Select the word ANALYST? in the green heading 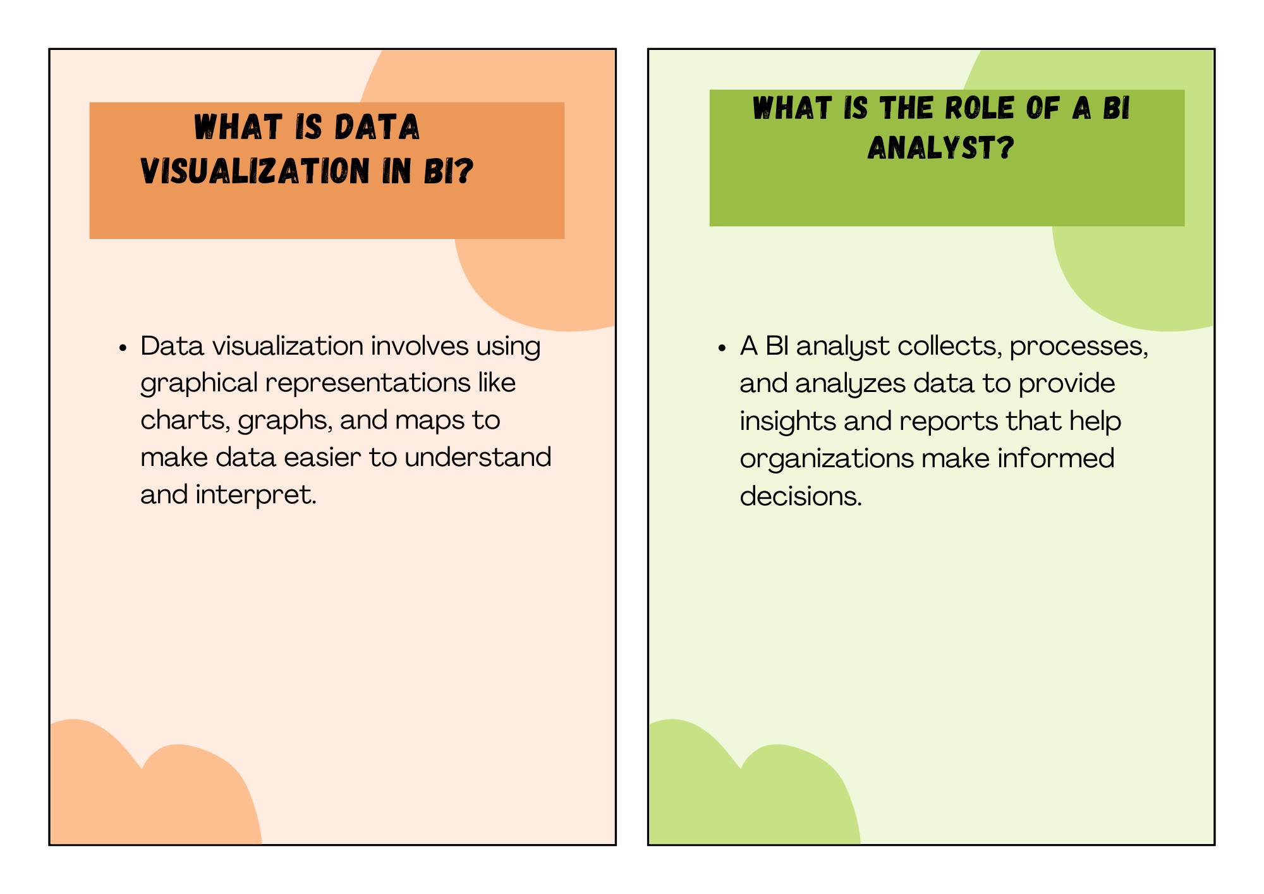click(x=940, y=148)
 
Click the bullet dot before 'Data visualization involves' click(x=123, y=348)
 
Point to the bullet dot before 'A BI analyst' click(x=722, y=348)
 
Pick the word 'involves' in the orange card click(x=420, y=346)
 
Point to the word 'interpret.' click(x=256, y=494)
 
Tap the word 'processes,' click(x=1079, y=347)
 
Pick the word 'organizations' click(x=827, y=459)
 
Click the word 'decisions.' click(x=801, y=496)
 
